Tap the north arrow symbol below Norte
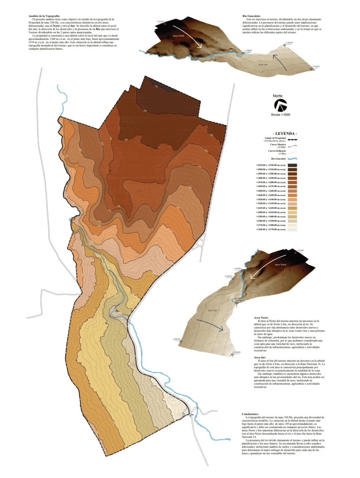click(x=280, y=106)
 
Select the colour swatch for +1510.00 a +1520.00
click(x=292, y=165)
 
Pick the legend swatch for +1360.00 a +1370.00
click(x=292, y=229)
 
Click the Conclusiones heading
click(x=253, y=414)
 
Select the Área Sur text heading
click(x=260, y=357)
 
